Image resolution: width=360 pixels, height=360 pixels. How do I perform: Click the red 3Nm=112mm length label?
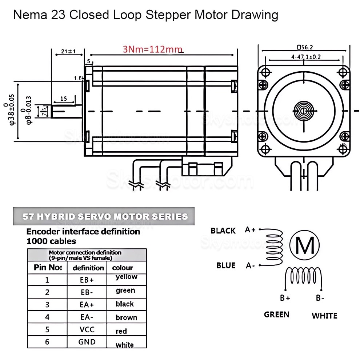152,49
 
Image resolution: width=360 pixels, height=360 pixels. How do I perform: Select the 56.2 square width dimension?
305,47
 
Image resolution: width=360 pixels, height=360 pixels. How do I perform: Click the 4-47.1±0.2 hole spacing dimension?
305,56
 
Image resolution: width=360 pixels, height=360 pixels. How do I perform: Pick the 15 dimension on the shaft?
64,99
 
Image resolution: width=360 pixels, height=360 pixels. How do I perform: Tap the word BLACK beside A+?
223,231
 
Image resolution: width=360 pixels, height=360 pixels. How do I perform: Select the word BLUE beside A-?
226,265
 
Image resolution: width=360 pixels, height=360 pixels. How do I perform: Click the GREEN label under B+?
277,314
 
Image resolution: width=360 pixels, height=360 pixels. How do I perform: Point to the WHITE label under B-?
324,315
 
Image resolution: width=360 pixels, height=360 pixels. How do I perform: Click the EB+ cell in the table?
87,280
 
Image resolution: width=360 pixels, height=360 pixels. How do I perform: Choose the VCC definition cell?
87,330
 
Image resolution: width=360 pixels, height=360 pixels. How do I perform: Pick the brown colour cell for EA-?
126,317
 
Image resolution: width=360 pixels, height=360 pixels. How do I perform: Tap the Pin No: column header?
48,268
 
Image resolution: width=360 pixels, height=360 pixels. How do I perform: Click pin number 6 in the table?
47,342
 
